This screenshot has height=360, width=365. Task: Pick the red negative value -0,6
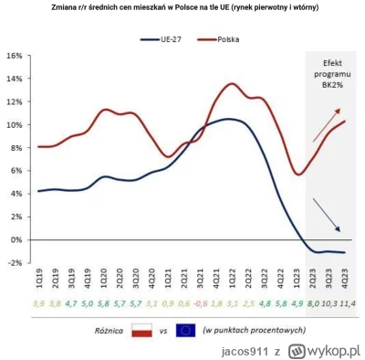tap(201, 302)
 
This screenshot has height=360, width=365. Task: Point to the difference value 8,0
tap(313, 302)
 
